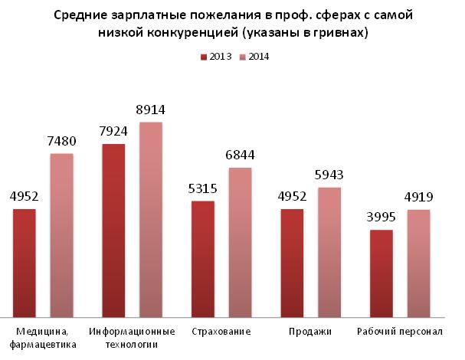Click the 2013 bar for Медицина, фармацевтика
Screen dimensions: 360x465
pos(25,262)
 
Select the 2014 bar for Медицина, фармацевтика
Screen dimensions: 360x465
pos(61,234)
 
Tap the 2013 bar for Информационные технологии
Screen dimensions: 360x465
pos(113,230)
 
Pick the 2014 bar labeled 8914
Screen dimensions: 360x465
pos(151,219)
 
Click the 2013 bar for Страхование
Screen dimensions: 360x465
pos(202,258)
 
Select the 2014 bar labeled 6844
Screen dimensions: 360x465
pos(240,241)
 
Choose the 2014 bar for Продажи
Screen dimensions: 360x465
pos(329,251)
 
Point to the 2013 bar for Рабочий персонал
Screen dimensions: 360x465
pos(381,273)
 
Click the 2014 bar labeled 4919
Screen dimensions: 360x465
pos(418,262)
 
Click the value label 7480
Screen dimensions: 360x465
pos(61,142)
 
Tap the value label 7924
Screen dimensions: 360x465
pos(113,132)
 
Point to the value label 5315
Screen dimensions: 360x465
pos(202,188)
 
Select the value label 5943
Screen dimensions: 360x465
pos(329,176)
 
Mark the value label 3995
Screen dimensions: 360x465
pos(381,218)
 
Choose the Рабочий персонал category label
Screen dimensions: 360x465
pos(400,332)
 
